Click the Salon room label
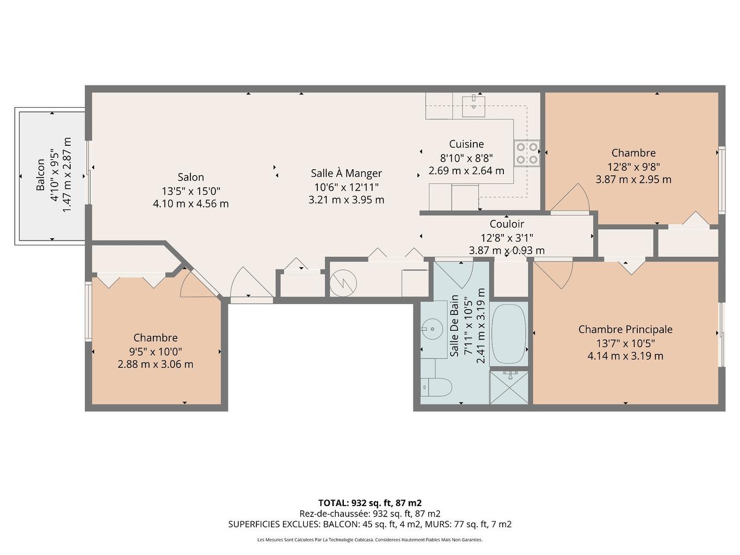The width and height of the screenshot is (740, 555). [190, 177]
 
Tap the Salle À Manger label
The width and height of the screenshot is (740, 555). [346, 173]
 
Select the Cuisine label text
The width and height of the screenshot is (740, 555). [466, 144]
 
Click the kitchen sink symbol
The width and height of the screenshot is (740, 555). [473, 105]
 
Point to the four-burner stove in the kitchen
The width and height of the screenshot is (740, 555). [527, 153]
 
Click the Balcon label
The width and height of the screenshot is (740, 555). [41, 175]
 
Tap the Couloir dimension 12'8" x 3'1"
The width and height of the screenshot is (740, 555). [506, 237]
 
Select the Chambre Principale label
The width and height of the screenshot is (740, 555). [625, 329]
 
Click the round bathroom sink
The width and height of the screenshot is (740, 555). [433, 328]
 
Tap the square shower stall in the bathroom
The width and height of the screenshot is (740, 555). [509, 387]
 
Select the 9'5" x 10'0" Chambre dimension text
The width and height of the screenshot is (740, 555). [155, 351]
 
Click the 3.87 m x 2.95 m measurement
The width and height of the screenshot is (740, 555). [633, 180]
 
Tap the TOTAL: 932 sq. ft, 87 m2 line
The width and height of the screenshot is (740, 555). [370, 503]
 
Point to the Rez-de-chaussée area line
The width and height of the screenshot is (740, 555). [370, 514]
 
